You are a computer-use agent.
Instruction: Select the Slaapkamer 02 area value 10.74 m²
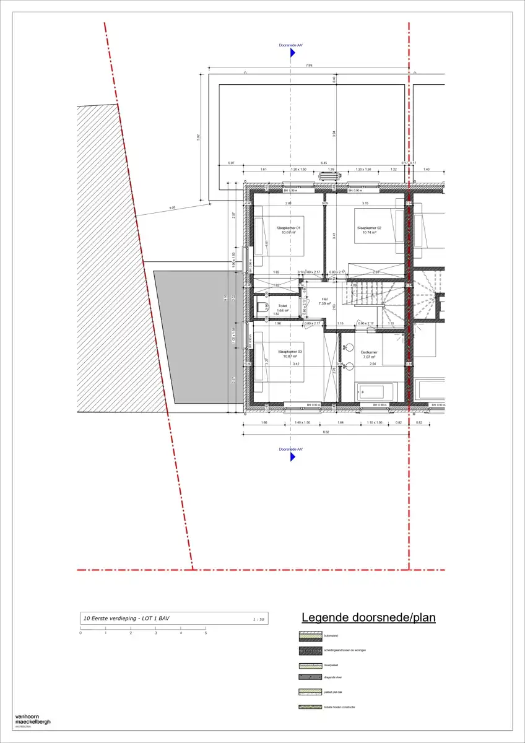[x=368, y=233]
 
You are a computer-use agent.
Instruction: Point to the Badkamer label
[x=369, y=352]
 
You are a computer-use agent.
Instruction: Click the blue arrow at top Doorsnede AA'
[x=291, y=54]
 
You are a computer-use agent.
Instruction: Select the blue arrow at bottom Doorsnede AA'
[x=291, y=456]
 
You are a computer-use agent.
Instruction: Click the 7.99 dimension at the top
[x=309, y=65]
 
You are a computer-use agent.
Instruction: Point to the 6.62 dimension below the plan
[x=324, y=432]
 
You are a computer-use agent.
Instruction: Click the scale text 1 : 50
[x=259, y=619]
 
